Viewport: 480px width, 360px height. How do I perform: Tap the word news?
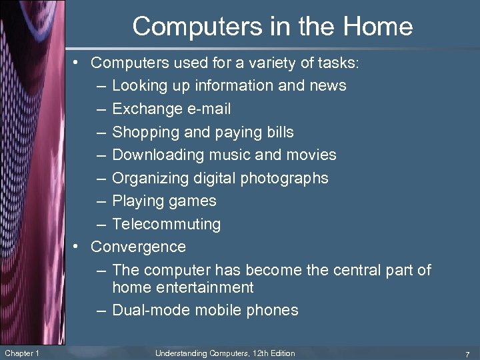point(328,85)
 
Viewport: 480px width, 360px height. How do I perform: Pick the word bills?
point(276,132)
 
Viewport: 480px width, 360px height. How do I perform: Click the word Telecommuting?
point(166,224)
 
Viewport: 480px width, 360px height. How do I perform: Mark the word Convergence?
point(138,247)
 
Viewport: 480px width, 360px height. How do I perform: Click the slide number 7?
point(468,353)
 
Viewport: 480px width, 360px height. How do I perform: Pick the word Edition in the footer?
point(280,353)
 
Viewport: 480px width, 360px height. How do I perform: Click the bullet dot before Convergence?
point(78,247)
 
